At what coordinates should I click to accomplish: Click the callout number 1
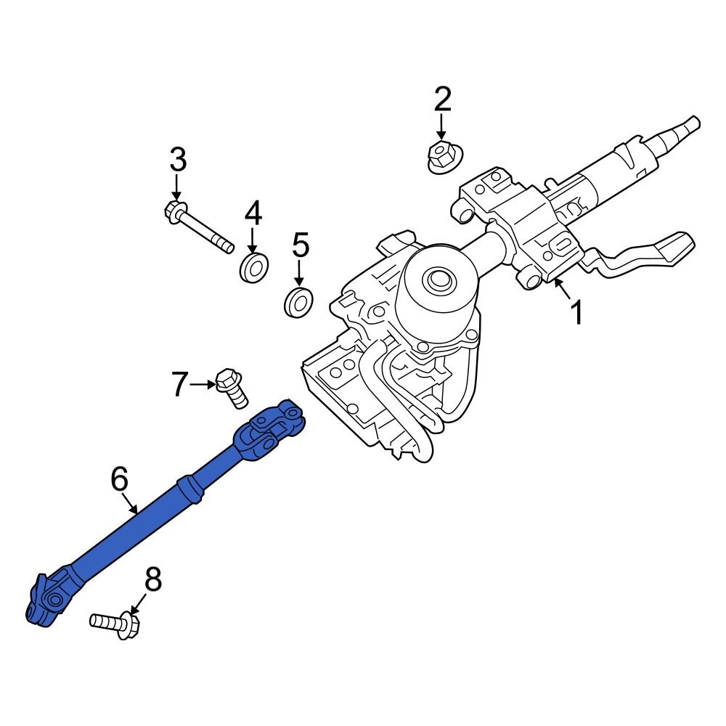576,313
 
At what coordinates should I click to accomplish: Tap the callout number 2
442,99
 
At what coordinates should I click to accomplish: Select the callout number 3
178,159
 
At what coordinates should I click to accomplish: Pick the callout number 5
301,245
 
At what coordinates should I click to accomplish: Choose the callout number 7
179,384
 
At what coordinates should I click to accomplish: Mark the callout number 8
152,580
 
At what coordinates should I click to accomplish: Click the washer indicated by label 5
298,301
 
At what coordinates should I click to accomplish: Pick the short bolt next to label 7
231,388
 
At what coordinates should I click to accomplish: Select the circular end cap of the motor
437,279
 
